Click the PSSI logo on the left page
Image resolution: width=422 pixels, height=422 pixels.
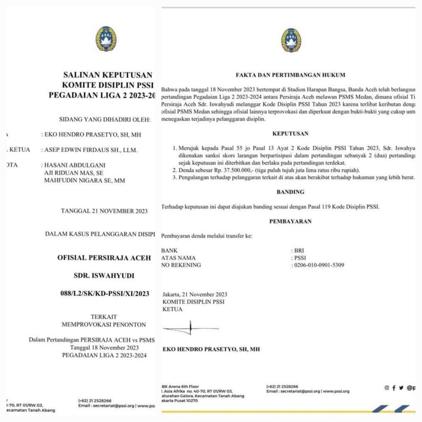tap(106, 38)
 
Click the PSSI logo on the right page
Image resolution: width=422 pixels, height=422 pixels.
tap(291, 40)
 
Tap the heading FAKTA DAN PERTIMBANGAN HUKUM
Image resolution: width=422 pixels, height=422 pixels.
tap(291, 75)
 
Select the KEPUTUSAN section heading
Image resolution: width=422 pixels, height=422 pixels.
tap(291, 134)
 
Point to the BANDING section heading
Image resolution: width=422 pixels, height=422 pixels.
tap(291, 192)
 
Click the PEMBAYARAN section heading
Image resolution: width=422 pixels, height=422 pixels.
tap(291, 221)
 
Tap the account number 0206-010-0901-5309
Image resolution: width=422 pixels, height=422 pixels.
tap(319, 265)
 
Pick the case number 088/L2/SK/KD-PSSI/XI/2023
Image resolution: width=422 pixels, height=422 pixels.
tap(105, 293)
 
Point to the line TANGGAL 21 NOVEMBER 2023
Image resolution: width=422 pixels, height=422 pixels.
tap(104, 211)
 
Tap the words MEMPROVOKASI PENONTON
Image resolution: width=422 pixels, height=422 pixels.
tap(103, 324)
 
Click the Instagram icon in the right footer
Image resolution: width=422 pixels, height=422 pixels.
tap(387, 387)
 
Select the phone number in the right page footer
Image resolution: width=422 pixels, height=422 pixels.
tap(282, 387)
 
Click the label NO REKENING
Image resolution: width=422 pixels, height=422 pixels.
tap(181, 265)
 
